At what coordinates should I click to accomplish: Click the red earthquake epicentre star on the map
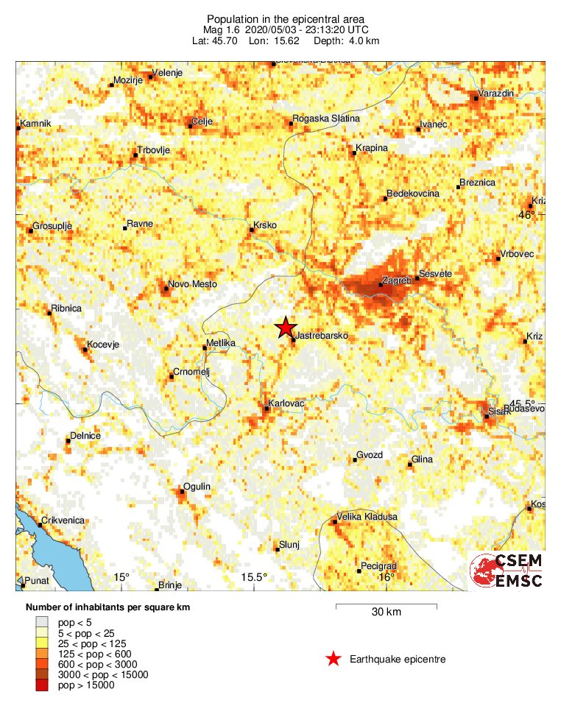(285, 328)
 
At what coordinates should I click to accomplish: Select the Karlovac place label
(287, 403)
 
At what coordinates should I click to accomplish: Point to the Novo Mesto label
(190, 283)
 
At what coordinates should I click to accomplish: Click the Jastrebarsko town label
(321, 336)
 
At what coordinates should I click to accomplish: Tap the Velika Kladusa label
(367, 517)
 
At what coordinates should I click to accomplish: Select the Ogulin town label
(197, 487)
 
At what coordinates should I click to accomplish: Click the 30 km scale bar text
(386, 613)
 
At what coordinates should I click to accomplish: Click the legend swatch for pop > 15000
(43, 685)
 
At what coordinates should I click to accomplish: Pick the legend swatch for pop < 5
(43, 622)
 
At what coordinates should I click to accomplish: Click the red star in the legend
(334, 659)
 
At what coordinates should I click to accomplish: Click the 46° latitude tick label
(526, 215)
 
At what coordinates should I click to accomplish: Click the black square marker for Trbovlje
(135, 156)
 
